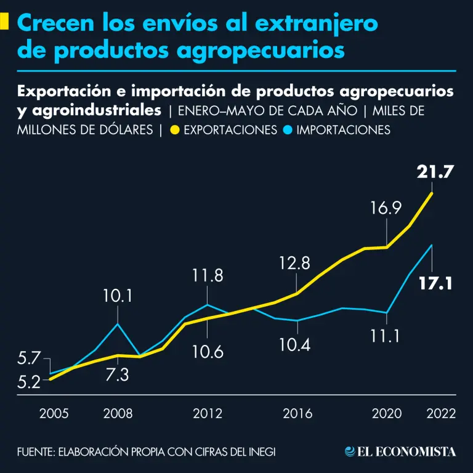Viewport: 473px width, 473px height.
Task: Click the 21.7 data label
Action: point(435,173)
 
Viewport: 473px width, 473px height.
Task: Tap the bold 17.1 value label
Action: point(435,285)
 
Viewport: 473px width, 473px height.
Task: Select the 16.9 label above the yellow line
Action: point(386,208)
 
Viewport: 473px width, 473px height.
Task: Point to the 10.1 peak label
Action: point(117,297)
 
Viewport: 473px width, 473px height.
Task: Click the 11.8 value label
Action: point(208,275)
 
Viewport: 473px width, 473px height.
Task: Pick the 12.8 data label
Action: point(293,264)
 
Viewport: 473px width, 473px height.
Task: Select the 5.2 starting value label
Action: point(29,382)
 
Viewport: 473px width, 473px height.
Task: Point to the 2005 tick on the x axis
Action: point(54,413)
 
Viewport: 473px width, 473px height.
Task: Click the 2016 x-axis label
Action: point(297,413)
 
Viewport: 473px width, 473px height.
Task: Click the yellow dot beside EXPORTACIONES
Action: point(175,130)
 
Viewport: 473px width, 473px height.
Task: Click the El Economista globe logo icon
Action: point(350,451)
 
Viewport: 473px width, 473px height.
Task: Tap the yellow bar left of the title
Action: point(4,22)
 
